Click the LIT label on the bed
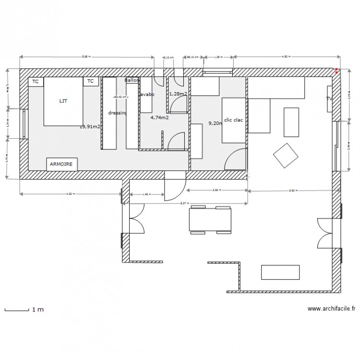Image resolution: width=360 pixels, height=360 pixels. point(63,101)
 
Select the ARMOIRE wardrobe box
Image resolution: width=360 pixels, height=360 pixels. point(62,164)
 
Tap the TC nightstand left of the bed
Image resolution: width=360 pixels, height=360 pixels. point(35,82)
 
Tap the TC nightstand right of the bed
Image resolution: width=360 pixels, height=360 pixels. point(90,82)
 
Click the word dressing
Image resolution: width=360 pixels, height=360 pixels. point(117,113)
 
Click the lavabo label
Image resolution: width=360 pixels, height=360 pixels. point(146,95)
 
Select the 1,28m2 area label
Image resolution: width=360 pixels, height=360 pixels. point(178,94)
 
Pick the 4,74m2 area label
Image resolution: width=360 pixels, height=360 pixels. point(159,117)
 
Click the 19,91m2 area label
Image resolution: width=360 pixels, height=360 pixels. point(90,127)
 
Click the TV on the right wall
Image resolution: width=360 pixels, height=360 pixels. point(329,99)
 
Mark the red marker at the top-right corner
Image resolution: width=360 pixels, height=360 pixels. point(336,71)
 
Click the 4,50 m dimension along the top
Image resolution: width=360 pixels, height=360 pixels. point(286,57)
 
